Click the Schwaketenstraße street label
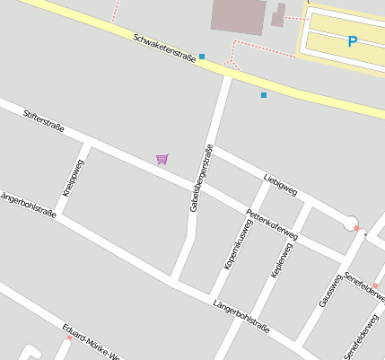[164, 50]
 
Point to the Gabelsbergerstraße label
[201, 178]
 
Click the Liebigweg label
[280, 183]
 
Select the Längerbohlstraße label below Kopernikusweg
[241, 316]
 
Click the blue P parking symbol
[352, 41]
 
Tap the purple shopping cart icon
[162, 159]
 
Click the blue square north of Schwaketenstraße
[202, 57]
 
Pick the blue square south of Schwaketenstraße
[264, 94]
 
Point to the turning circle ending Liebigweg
[351, 224]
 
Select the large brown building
[238, 16]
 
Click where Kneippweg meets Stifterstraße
[87, 143]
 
